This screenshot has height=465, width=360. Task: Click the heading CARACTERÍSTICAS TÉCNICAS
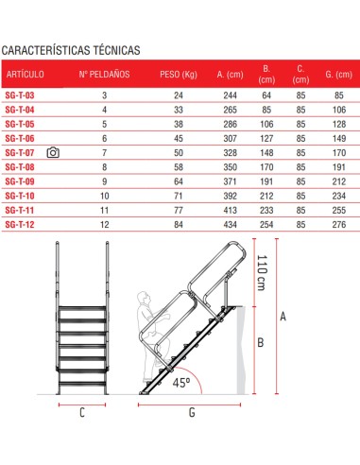pos(73,49)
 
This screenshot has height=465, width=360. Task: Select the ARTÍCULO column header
pos(26,74)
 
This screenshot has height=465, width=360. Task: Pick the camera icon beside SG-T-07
pos(53,151)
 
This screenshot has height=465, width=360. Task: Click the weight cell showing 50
pos(177,151)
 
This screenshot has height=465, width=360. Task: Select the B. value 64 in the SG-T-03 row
pos(266,95)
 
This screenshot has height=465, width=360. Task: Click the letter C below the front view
pos(81,412)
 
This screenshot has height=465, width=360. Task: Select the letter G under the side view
pos(192,412)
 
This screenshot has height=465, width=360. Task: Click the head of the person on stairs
pos(144,299)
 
